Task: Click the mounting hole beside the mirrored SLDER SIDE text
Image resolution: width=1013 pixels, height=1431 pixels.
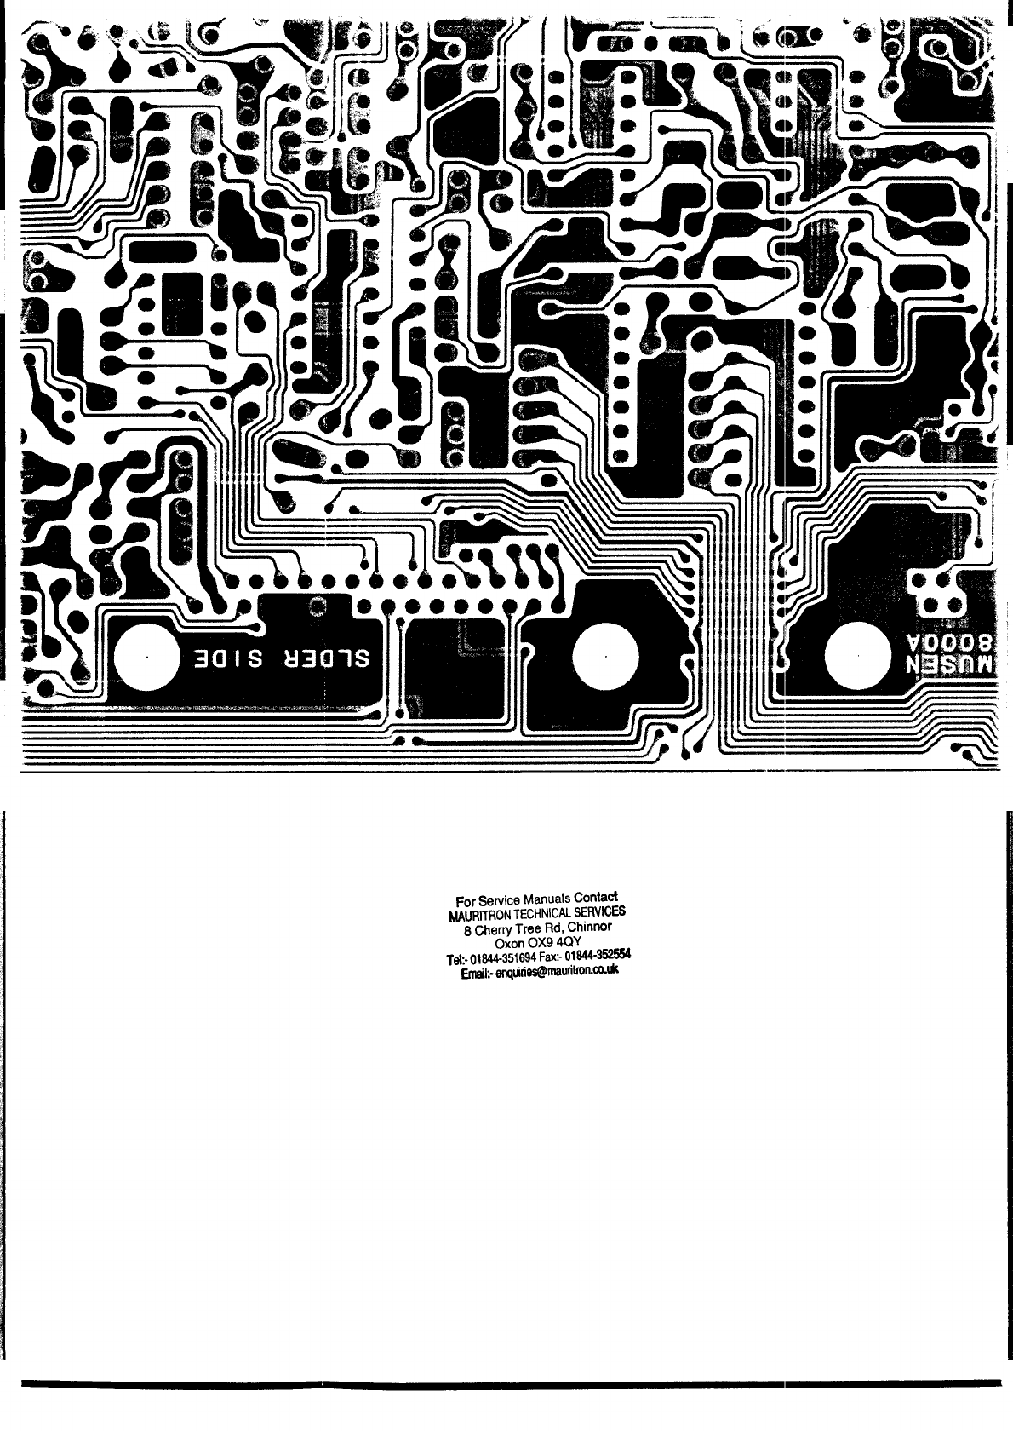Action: (147, 658)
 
